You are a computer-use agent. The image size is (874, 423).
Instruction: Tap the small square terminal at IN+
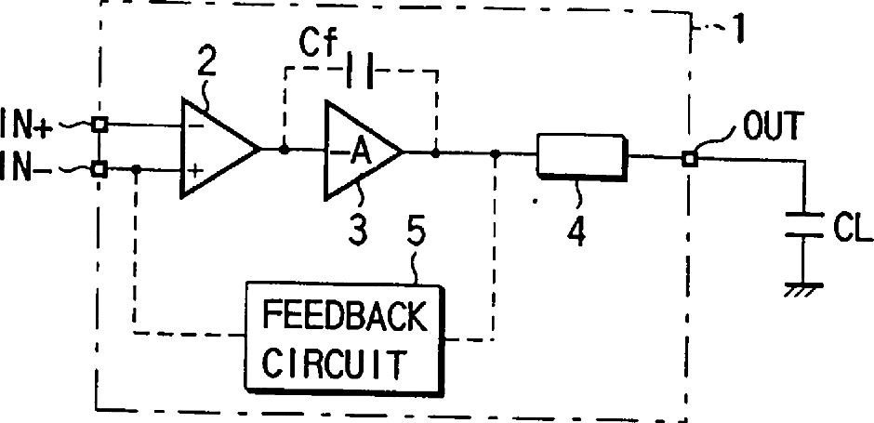pyautogui.click(x=99, y=124)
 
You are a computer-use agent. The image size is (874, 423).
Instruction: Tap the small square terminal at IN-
pyautogui.click(x=99, y=169)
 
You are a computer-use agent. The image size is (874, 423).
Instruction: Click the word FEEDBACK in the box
pyautogui.click(x=344, y=316)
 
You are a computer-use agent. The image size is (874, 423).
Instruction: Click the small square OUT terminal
pyautogui.click(x=688, y=158)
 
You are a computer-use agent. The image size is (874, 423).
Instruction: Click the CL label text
pyautogui.click(x=846, y=225)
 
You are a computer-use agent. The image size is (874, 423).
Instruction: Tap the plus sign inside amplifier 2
pyautogui.click(x=194, y=171)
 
